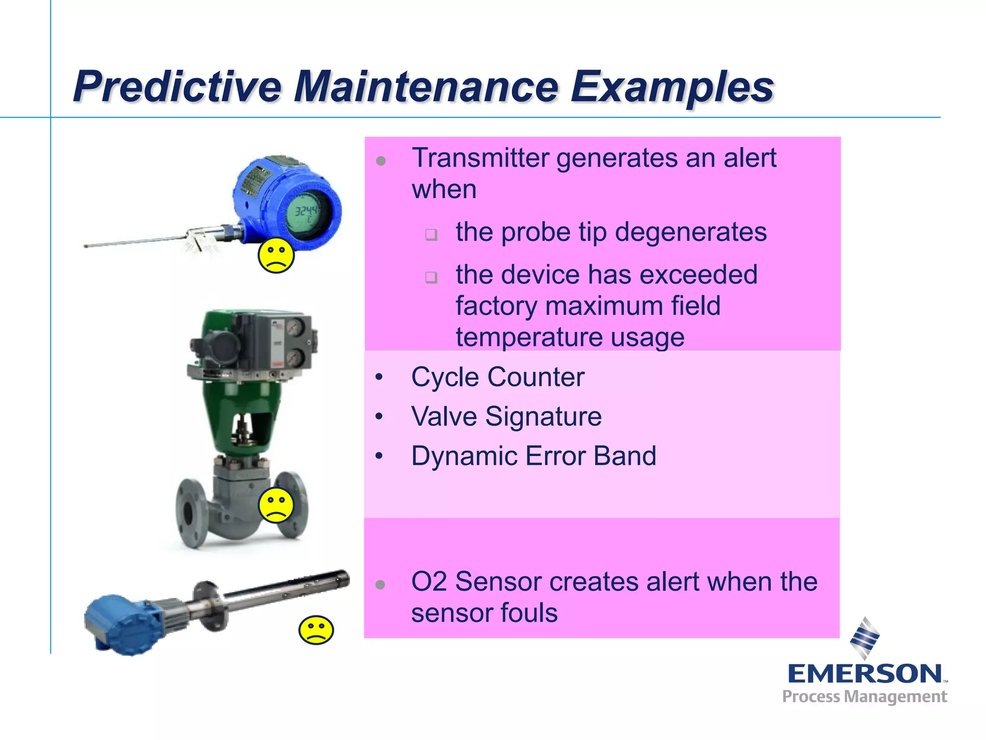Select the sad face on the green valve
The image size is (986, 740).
click(x=276, y=505)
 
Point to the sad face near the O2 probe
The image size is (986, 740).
click(x=316, y=630)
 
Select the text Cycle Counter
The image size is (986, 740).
click(x=497, y=377)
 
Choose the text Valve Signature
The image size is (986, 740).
click(x=506, y=416)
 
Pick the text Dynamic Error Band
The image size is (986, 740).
click(x=533, y=456)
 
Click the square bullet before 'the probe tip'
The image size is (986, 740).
click(x=431, y=235)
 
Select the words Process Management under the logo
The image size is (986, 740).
click(x=864, y=697)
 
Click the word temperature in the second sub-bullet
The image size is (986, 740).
click(x=529, y=337)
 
